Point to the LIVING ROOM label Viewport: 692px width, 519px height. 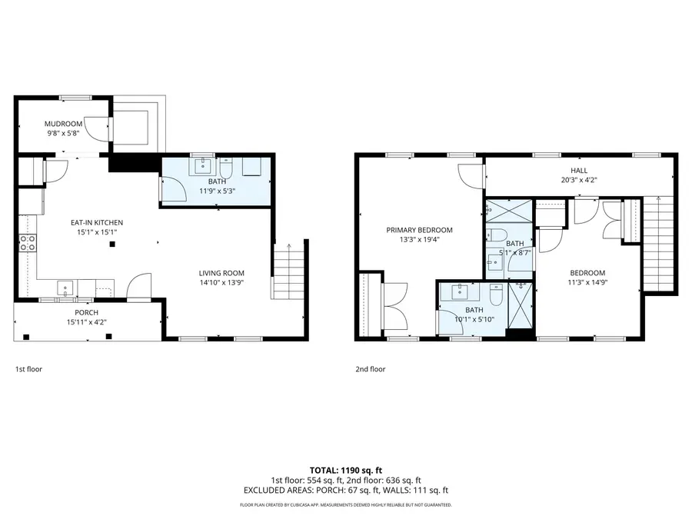click(221, 273)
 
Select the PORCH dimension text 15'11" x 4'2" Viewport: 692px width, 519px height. click(86, 322)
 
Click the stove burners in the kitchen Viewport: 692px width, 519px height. click(28, 243)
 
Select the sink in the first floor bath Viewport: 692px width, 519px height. click(204, 165)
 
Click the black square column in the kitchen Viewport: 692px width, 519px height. click(113, 245)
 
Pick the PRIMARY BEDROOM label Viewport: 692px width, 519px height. click(419, 230)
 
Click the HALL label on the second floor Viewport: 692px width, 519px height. click(579, 171)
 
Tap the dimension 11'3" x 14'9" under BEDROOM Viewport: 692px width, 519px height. click(587, 283)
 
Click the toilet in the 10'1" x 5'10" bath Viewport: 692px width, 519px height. click(496, 294)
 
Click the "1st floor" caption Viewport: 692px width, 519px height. click(29, 369)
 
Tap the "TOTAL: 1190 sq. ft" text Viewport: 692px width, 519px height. click(345, 470)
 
